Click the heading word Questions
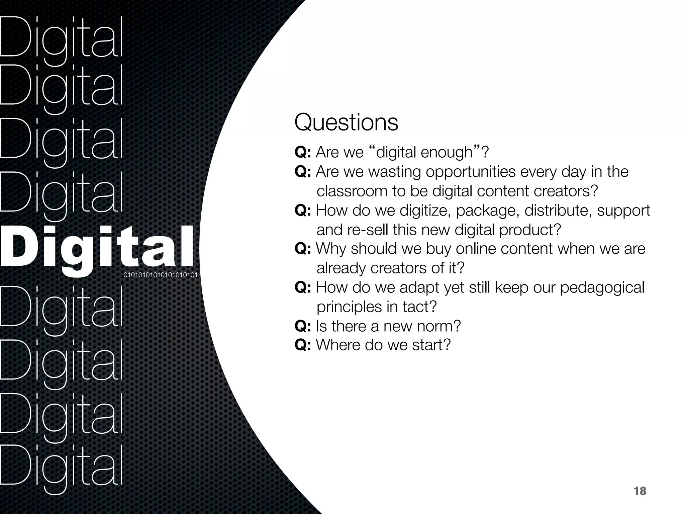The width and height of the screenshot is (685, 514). click(346, 123)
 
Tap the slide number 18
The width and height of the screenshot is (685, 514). click(640, 491)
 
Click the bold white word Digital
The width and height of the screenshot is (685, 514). click(97, 248)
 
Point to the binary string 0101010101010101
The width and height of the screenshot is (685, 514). click(161, 275)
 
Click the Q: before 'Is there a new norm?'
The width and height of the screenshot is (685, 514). click(303, 326)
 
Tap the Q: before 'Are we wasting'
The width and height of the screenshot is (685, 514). click(303, 172)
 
